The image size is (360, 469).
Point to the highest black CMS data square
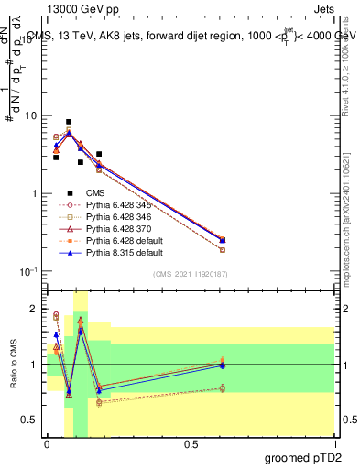click(x=69, y=122)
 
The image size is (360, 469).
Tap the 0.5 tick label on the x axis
click(x=191, y=442)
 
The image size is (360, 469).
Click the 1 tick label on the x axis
click(x=334, y=442)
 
